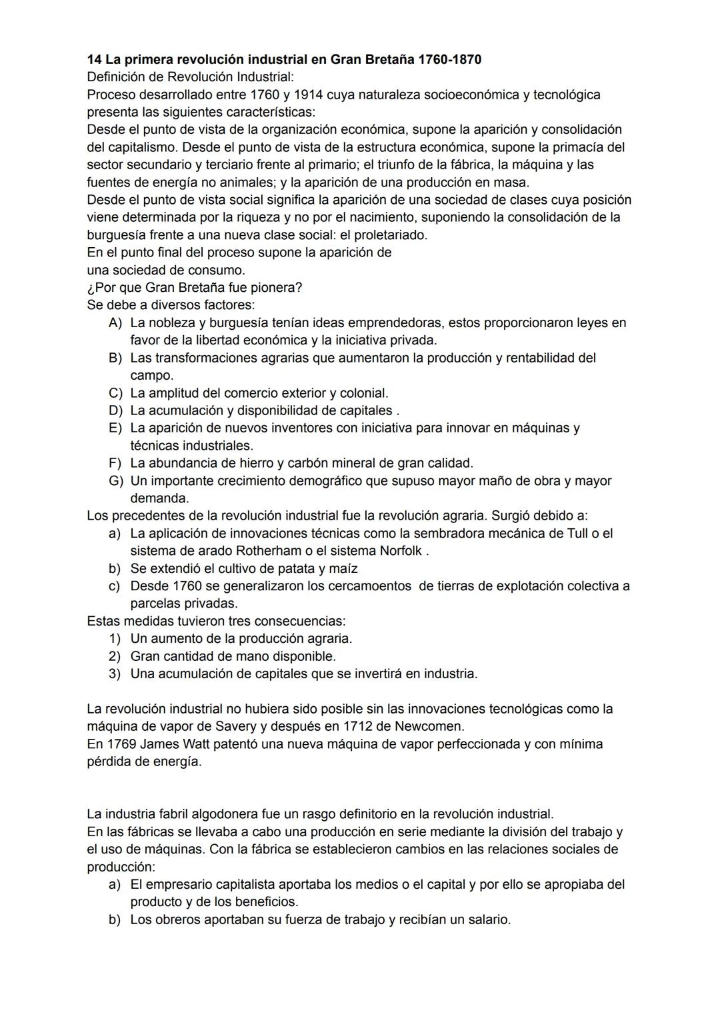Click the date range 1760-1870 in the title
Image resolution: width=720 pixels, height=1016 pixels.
point(449,60)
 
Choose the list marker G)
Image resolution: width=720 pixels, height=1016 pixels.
point(116,481)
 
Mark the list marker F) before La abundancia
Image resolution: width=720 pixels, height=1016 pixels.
point(116,463)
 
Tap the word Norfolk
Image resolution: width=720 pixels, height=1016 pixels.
point(401,551)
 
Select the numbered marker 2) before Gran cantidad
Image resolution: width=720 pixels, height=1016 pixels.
point(115,656)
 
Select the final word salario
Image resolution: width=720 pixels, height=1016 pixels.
point(486,920)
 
